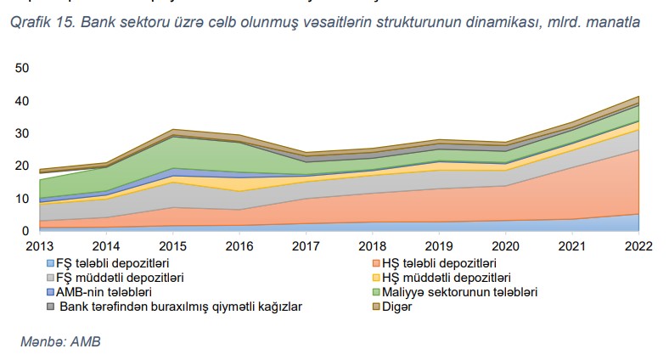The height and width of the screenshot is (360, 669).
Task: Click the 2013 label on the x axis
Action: point(39,246)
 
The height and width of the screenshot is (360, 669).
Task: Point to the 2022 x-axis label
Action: point(638,246)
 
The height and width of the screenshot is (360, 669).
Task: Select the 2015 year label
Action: point(172,246)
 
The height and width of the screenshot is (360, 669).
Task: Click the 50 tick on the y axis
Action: point(22,68)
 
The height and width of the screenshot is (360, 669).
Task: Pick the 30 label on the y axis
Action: point(22,133)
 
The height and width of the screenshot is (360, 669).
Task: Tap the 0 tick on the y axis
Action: point(25,231)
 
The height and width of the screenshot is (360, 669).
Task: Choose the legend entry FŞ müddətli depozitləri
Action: point(121,278)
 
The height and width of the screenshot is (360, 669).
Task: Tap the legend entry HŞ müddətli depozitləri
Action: point(456,278)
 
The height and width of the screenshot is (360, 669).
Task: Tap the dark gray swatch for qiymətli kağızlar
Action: point(51,306)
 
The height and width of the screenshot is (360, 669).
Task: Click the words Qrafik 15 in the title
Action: point(41,23)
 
